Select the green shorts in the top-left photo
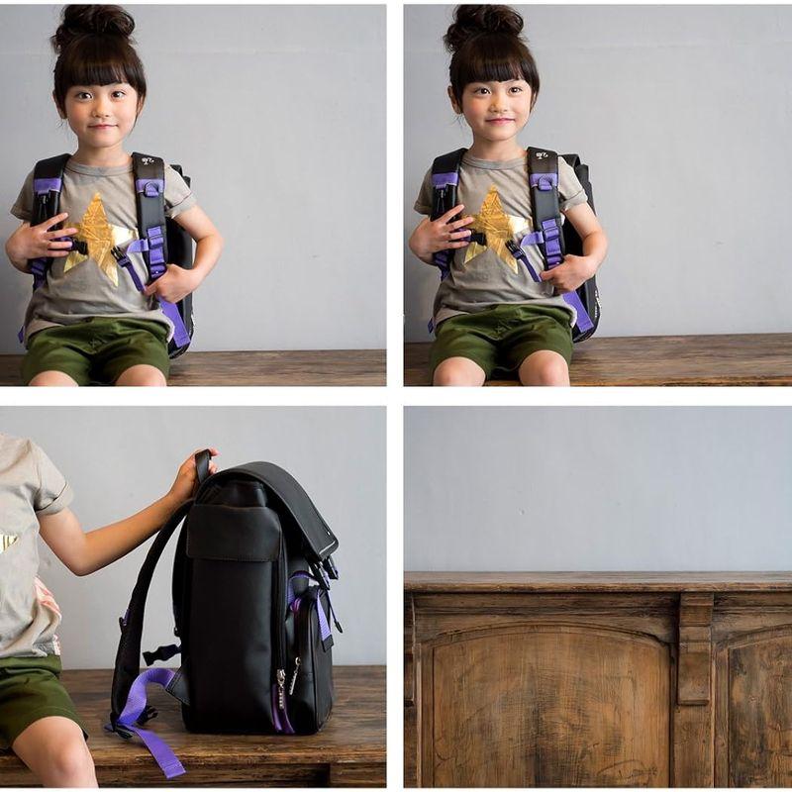pos(95,348)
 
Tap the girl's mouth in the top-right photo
pos(499,121)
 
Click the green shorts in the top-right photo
pos(501,339)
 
